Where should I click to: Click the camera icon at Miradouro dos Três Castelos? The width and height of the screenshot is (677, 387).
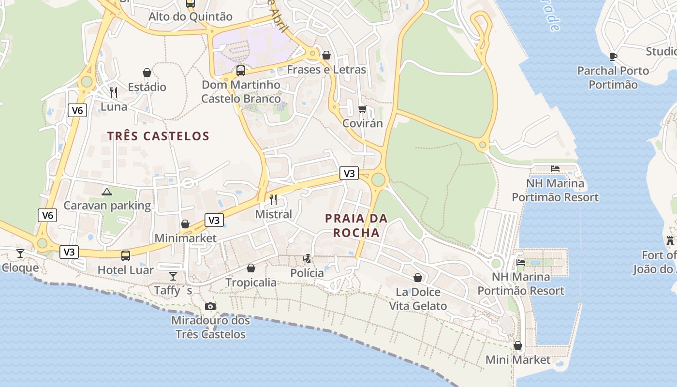pos(210,306)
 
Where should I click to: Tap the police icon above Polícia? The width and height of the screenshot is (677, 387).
pos(307,259)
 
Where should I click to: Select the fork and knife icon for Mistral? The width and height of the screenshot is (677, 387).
pos(273,199)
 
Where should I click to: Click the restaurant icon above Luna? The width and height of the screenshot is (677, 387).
pos(114,92)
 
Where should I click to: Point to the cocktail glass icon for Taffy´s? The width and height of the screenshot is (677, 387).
pos(173,276)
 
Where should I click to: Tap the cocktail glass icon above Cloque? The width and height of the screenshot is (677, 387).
pos(20,253)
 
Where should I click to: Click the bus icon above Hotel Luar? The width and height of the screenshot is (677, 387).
pos(126,255)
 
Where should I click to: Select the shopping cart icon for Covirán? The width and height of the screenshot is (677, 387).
pos(362,109)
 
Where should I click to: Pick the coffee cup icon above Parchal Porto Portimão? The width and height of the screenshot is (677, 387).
pos(613,57)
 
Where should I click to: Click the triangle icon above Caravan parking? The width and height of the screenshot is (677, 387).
pos(107,192)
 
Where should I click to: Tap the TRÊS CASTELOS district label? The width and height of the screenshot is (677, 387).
pos(159,136)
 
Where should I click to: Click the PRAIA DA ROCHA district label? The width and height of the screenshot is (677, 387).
pos(356,225)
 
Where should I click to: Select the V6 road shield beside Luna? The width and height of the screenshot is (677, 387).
pos(77,110)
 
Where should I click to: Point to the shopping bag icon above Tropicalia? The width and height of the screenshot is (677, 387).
pos(251,268)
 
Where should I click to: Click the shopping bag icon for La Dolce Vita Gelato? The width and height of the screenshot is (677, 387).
pos(418,278)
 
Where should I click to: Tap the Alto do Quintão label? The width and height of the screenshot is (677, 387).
pos(191,16)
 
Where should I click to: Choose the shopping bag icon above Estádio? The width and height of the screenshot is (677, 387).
pos(147,73)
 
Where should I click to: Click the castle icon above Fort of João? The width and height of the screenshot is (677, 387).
pos(670,240)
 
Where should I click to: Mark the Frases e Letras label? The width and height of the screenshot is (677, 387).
pos(326,70)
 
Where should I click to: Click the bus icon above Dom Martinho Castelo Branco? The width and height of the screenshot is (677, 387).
pos(241,71)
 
